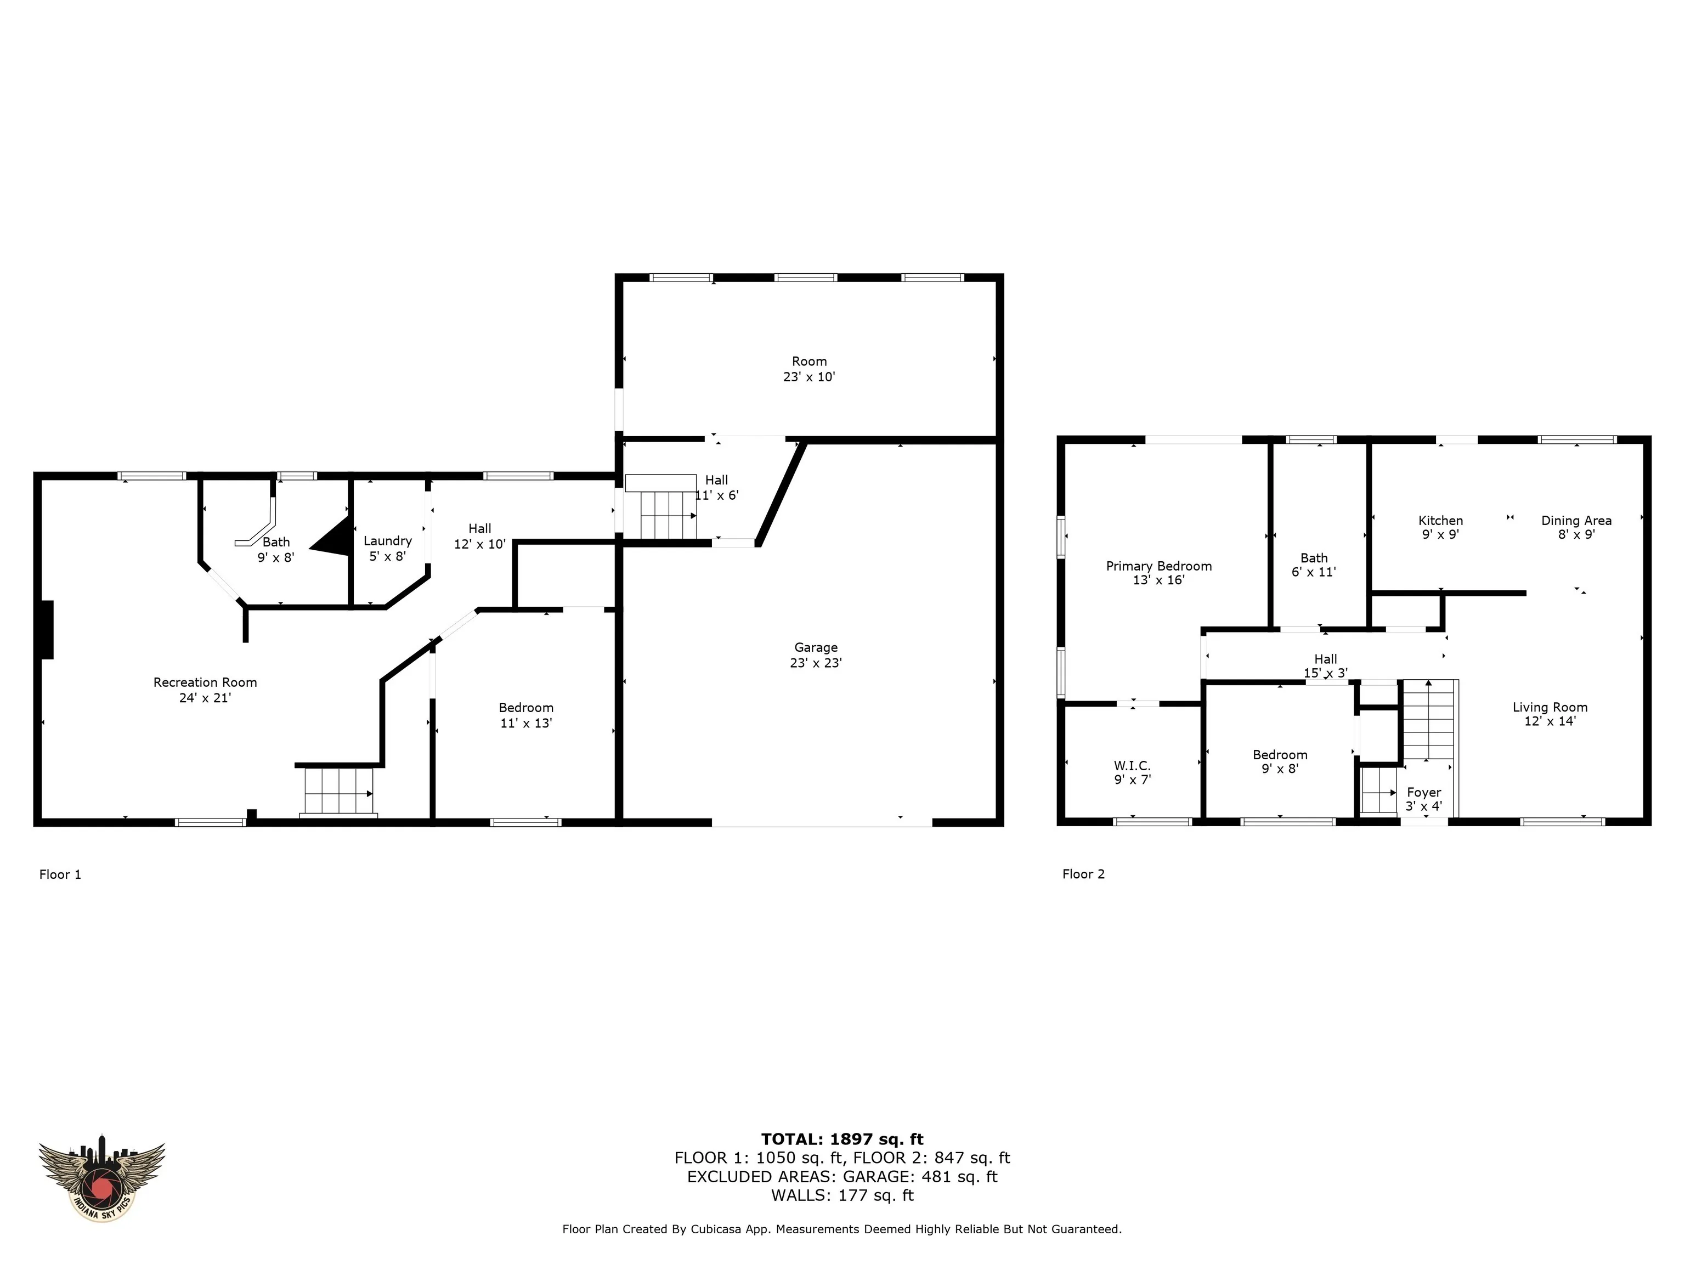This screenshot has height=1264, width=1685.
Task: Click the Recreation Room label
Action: pyautogui.click(x=205, y=690)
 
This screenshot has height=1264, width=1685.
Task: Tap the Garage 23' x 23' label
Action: pyautogui.click(x=816, y=655)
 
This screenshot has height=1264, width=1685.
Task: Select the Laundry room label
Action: pyautogui.click(x=388, y=548)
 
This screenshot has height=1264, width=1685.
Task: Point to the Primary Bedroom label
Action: pyautogui.click(x=1158, y=573)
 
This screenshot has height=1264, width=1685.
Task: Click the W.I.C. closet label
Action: pyautogui.click(x=1132, y=772)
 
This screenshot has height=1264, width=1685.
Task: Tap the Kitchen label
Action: pyautogui.click(x=1440, y=527)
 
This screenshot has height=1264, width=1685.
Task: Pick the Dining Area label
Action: pyautogui.click(x=1576, y=527)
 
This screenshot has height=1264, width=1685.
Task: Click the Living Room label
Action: pyautogui.click(x=1550, y=714)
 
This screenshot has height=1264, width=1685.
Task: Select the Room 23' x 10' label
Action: pyautogui.click(x=809, y=369)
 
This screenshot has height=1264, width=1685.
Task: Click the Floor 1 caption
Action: pyautogui.click(x=60, y=874)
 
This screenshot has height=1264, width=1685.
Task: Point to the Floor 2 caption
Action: pyautogui.click(x=1083, y=874)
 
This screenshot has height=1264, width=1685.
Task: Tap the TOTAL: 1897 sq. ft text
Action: pyautogui.click(x=842, y=1139)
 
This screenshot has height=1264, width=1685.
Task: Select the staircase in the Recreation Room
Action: pyautogui.click(x=339, y=791)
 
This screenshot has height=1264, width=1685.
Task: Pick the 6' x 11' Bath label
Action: pyautogui.click(x=1314, y=565)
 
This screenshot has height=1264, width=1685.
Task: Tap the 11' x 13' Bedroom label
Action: pyautogui.click(x=525, y=715)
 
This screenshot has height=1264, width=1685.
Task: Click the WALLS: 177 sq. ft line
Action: pyautogui.click(x=842, y=1195)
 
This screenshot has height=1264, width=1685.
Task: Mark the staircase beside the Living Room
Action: pyautogui.click(x=1429, y=719)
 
